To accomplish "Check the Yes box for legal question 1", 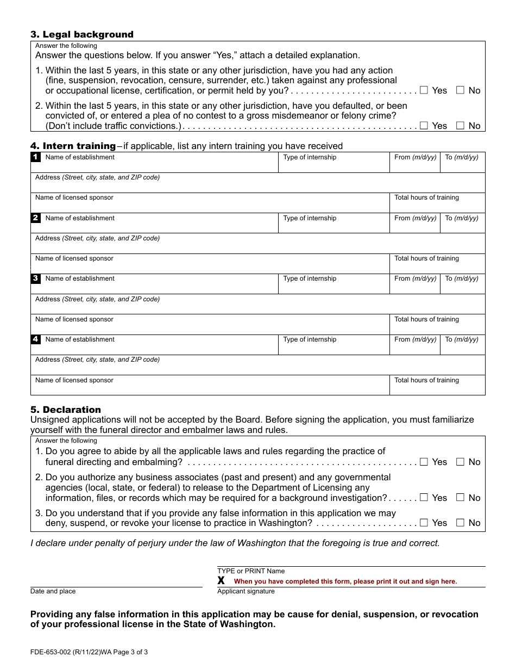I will (x=424, y=90).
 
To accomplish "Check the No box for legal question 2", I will (x=460, y=126).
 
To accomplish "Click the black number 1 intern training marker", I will (x=35, y=157).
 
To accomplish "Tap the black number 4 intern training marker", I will (x=35, y=339).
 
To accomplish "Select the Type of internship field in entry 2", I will (x=333, y=226).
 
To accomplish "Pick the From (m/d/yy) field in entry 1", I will (x=415, y=165).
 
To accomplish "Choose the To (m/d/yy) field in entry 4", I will (x=462, y=347).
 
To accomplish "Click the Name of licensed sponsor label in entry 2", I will (x=74, y=258).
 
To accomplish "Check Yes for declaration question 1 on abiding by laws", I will (x=424, y=462).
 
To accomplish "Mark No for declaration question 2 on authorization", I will (x=460, y=498).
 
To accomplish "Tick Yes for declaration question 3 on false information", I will (x=424, y=523).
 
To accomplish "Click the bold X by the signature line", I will (x=221, y=581).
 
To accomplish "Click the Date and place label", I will (x=53, y=591).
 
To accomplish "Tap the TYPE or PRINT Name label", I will (x=251, y=571).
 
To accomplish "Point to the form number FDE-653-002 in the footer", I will (x=61, y=652).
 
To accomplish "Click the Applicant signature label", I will (x=246, y=591).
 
